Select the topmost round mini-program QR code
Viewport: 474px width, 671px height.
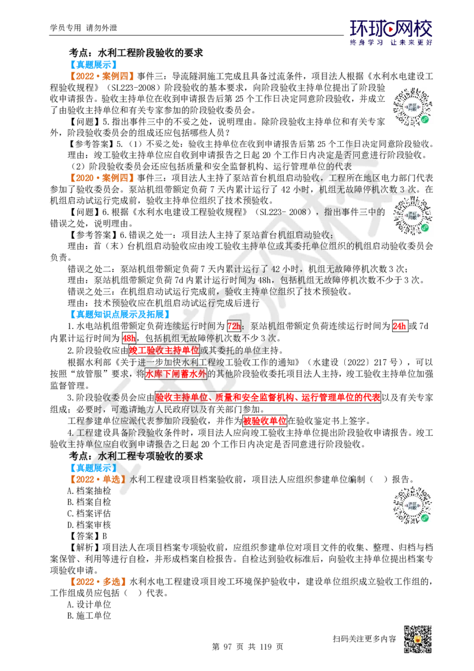(x=412, y=107)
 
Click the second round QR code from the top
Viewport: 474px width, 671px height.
(x=412, y=216)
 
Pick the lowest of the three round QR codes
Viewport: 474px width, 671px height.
(x=412, y=505)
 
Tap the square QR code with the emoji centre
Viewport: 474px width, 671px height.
(x=417, y=640)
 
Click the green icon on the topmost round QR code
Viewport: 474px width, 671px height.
(x=425, y=119)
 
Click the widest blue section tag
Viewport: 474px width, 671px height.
(x=120, y=314)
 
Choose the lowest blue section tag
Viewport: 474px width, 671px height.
(x=94, y=468)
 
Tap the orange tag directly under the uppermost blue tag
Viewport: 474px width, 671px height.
(x=102, y=76)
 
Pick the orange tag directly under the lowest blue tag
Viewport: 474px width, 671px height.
(x=98, y=478)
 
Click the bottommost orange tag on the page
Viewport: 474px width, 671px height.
(x=98, y=582)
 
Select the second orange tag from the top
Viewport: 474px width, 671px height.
(x=102, y=177)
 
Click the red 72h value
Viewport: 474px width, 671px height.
(x=235, y=327)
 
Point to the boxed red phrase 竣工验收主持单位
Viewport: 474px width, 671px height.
(x=164, y=350)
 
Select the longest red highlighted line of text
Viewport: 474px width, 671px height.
(x=267, y=397)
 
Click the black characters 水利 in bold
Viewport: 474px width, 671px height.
(x=108, y=456)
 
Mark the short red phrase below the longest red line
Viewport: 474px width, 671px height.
(x=265, y=421)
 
